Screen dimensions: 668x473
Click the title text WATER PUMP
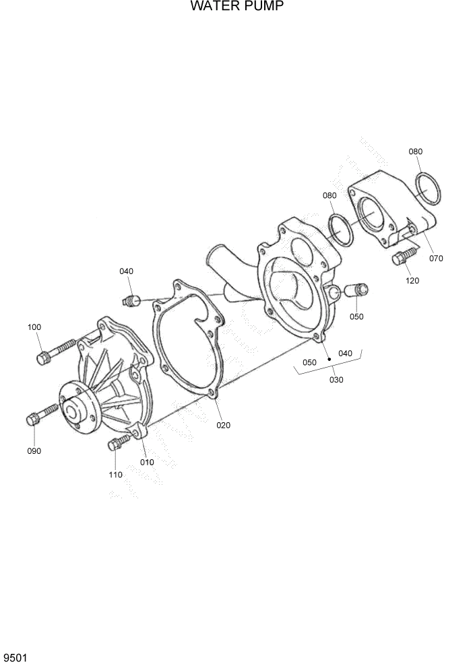tap(236, 7)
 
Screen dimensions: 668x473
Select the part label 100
tap(34, 327)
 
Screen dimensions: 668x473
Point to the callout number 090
tap(34, 450)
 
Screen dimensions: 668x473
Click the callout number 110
tap(115, 475)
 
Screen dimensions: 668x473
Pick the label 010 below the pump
tap(147, 462)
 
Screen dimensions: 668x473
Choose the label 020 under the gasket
tap(224, 425)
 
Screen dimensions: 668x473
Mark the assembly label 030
tap(336, 380)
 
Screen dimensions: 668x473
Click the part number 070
tap(435, 258)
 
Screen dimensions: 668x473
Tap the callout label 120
tap(412, 280)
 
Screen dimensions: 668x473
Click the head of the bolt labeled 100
tap(43, 357)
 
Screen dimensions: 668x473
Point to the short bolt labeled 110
tap(117, 442)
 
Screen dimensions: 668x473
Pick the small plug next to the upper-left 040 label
tap(132, 299)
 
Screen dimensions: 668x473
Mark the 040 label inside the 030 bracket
tap(345, 354)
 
